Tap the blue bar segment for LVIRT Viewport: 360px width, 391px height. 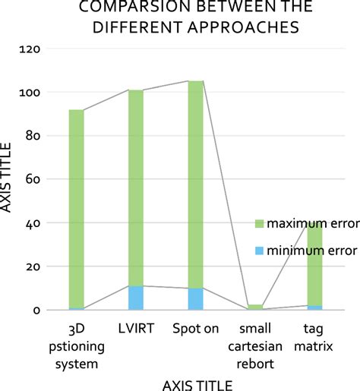click(x=135, y=298)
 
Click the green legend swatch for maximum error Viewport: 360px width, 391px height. click(x=257, y=223)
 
